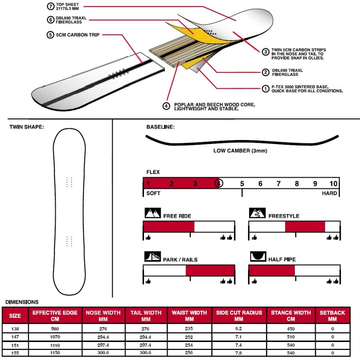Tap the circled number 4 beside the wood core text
[166, 106]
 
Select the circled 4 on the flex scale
[218, 184]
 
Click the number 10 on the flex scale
[334, 184]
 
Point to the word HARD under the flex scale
[330, 193]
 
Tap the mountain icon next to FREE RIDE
[152, 213]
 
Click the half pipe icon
[258, 256]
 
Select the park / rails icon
[152, 257]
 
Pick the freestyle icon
[258, 213]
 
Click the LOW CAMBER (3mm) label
[240, 151]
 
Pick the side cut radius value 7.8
[239, 352]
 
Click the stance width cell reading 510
[291, 337]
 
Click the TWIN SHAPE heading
[27, 127]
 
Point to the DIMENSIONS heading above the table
[22, 302]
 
